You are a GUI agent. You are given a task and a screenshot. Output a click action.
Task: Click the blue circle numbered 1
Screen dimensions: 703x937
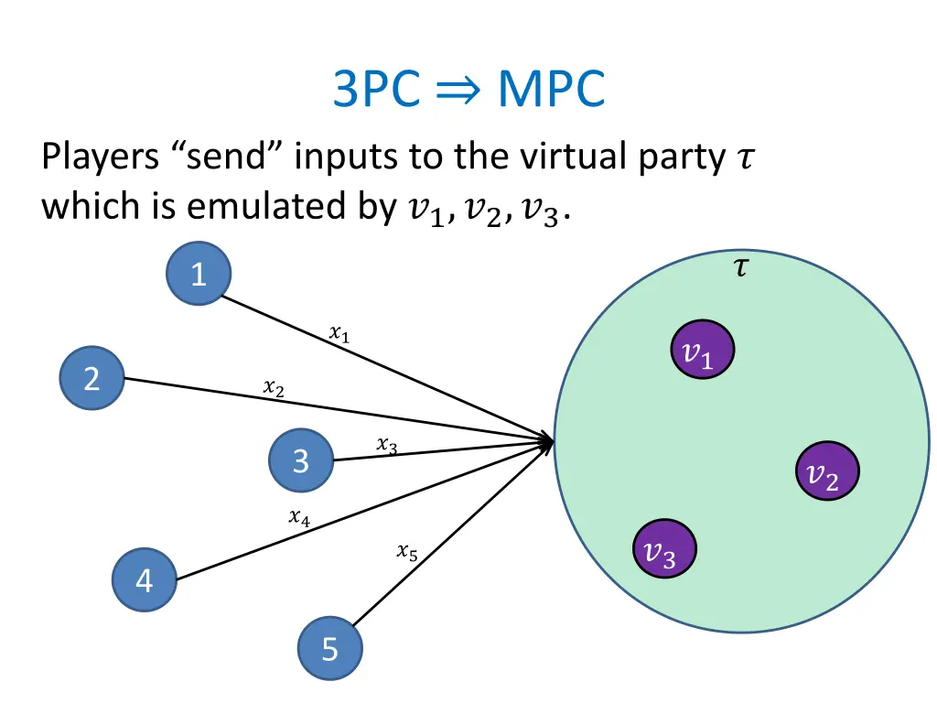click(x=199, y=274)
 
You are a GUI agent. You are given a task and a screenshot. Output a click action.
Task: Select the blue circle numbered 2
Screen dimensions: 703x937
click(x=92, y=378)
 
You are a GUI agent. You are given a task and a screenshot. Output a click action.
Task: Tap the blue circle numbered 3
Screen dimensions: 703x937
click(x=301, y=461)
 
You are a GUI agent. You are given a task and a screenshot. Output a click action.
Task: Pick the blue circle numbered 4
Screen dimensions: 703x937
click(x=144, y=580)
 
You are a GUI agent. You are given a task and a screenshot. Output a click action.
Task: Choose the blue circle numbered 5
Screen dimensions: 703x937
click(x=329, y=650)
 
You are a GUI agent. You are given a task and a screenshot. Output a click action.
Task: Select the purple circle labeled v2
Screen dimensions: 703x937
click(x=826, y=472)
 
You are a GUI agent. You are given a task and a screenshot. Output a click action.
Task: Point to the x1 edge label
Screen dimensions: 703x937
click(x=339, y=335)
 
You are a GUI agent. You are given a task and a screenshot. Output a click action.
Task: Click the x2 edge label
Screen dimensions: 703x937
click(x=273, y=389)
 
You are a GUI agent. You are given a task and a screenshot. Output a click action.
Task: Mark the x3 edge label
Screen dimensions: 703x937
click(x=386, y=446)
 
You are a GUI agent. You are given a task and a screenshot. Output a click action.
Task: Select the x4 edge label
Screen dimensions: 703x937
click(x=298, y=518)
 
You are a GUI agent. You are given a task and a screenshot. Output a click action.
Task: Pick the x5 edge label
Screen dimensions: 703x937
click(x=407, y=552)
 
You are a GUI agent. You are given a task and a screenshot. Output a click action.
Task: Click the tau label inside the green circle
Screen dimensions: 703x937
click(x=740, y=268)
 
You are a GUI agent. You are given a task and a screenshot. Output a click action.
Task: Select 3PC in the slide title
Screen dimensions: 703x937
click(x=374, y=90)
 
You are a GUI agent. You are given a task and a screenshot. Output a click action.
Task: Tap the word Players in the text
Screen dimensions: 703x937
click(x=99, y=159)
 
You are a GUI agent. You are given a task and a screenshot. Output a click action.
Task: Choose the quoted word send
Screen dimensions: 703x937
click(x=219, y=158)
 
